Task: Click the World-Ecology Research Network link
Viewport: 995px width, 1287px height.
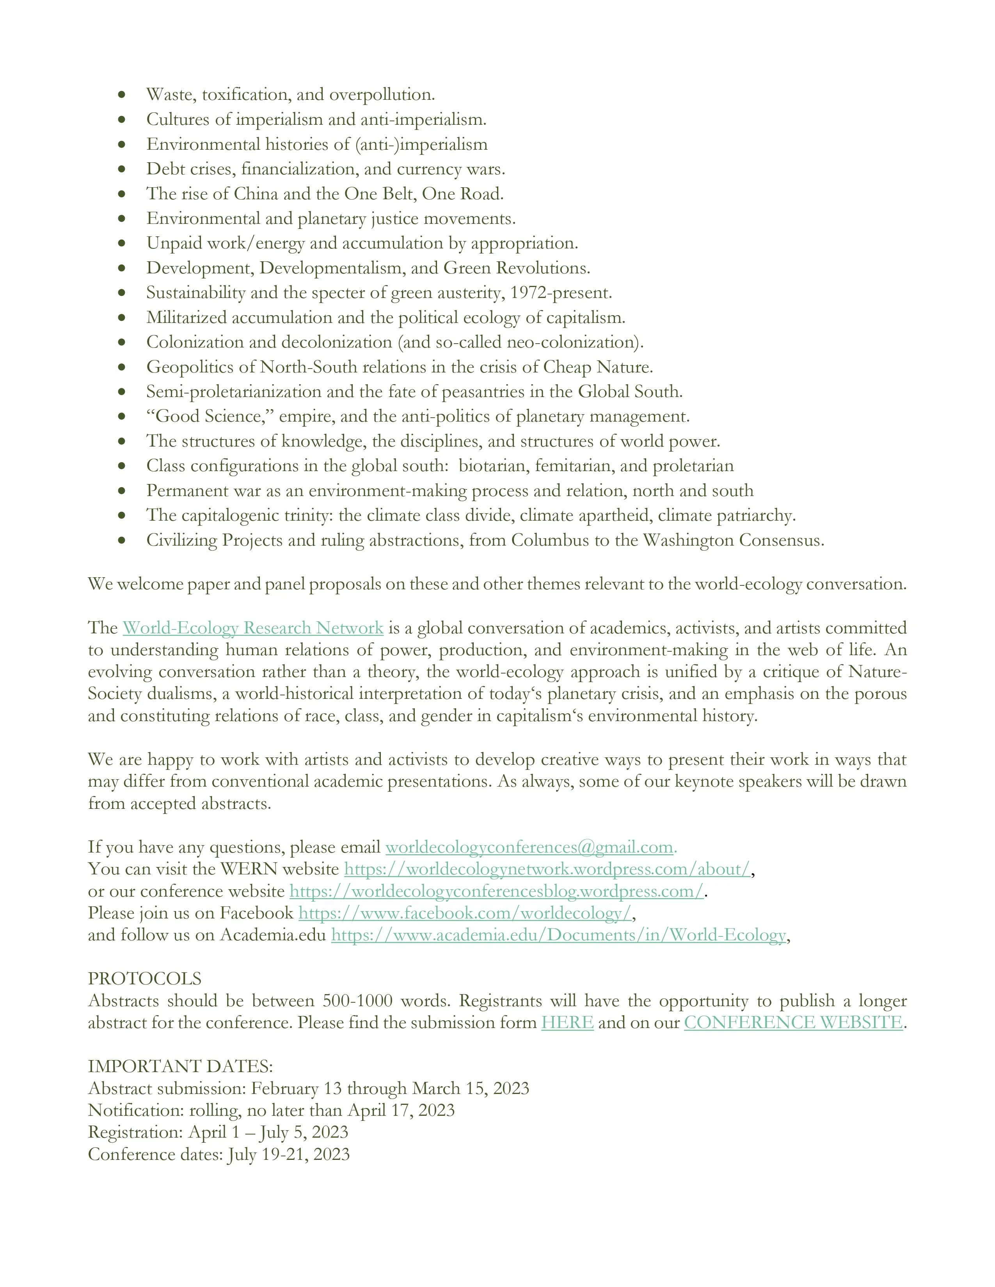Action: tap(253, 628)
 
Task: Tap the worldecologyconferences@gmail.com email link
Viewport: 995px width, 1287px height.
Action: tap(529, 847)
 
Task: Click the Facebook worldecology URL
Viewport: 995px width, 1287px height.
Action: tap(464, 913)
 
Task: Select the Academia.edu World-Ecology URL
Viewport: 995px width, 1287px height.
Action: tap(558, 935)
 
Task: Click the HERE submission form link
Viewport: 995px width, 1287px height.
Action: tap(567, 1023)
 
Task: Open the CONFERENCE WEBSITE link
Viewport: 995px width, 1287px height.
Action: tap(793, 1023)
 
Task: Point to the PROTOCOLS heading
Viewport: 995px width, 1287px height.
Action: tap(144, 979)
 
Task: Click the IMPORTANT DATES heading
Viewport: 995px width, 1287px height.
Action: tap(180, 1067)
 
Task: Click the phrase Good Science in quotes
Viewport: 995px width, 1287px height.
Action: tap(209, 417)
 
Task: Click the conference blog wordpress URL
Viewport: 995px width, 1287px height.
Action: tap(496, 892)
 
